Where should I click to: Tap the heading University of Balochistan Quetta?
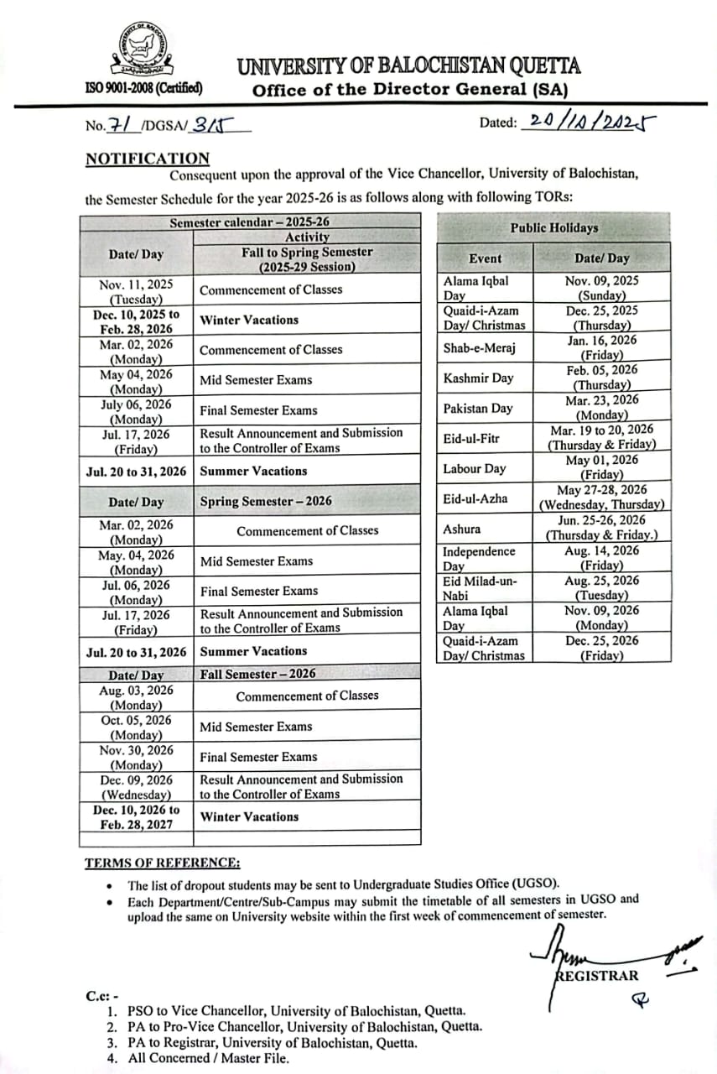click(x=408, y=66)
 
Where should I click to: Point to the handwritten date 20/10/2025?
click(x=587, y=123)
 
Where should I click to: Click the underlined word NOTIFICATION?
click(x=148, y=159)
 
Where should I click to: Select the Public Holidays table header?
click(x=553, y=227)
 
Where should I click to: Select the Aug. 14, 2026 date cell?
click(x=602, y=558)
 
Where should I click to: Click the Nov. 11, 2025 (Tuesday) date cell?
click(x=136, y=290)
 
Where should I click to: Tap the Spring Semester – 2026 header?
click(x=266, y=501)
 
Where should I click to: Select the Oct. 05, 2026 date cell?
click(x=136, y=727)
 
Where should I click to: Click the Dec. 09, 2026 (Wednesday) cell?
click(x=136, y=786)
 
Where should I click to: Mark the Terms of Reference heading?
click(x=162, y=863)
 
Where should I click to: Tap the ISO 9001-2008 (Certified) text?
click(x=143, y=86)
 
